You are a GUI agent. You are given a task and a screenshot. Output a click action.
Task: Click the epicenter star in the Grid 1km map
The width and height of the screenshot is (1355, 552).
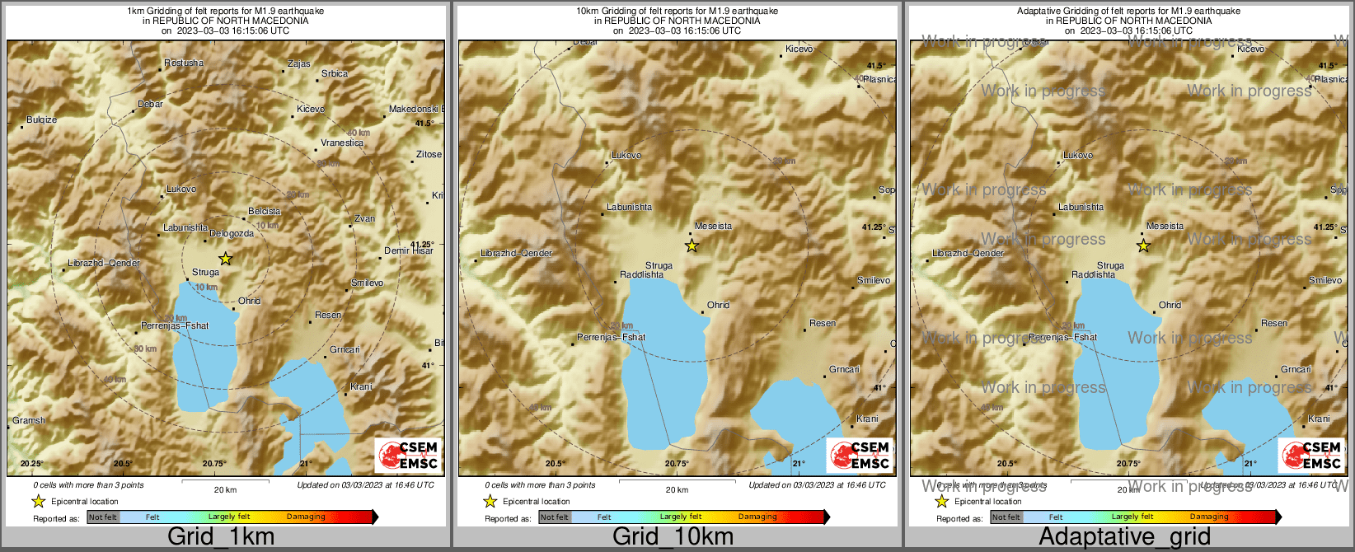pyautogui.click(x=226, y=259)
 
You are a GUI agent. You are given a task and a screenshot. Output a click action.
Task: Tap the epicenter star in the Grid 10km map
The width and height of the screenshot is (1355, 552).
pyautogui.click(x=692, y=246)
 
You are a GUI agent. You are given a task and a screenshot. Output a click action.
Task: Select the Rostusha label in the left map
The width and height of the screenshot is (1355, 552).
pyautogui.click(x=184, y=63)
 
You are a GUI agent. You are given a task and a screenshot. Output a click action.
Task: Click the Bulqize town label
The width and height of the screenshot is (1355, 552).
pyautogui.click(x=42, y=119)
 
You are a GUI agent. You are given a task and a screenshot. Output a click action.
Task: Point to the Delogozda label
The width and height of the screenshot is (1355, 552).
pyautogui.click(x=232, y=233)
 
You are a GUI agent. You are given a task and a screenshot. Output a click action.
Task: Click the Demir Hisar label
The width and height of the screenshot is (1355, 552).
pyautogui.click(x=409, y=250)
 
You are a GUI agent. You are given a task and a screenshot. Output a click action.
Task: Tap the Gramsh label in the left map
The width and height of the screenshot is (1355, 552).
pyautogui.click(x=29, y=420)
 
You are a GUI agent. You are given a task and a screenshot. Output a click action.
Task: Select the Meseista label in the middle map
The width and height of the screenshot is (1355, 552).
pyautogui.click(x=713, y=226)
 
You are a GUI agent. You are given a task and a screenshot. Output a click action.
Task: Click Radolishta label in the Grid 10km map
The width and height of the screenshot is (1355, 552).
pyautogui.click(x=642, y=274)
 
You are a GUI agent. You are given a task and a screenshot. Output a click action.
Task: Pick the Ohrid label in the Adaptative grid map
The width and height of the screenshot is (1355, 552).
pyautogui.click(x=1170, y=305)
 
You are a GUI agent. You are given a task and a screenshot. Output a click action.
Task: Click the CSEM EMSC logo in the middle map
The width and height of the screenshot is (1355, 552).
pyautogui.click(x=860, y=456)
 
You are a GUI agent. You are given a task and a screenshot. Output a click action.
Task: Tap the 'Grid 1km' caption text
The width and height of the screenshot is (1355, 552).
pyautogui.click(x=221, y=537)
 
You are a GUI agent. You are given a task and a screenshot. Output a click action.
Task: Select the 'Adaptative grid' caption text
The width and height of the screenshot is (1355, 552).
pyautogui.click(x=1124, y=537)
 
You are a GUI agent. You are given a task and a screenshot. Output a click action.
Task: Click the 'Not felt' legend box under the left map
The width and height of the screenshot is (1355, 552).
pyautogui.click(x=103, y=517)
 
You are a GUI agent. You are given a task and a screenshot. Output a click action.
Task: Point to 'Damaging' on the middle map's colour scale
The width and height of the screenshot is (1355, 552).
pyautogui.click(x=757, y=517)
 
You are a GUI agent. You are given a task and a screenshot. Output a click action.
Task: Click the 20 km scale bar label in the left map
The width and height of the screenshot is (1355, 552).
pyautogui.click(x=225, y=489)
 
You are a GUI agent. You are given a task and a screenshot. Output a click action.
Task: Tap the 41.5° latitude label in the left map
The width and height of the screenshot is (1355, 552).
pyautogui.click(x=424, y=123)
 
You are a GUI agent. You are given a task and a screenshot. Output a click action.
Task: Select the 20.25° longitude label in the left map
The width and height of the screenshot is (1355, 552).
pyautogui.click(x=32, y=464)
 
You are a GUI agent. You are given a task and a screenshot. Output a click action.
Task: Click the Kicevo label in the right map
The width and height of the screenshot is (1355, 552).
pyautogui.click(x=1250, y=49)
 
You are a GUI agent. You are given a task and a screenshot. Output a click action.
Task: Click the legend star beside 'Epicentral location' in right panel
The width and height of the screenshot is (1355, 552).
pyautogui.click(x=941, y=501)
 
